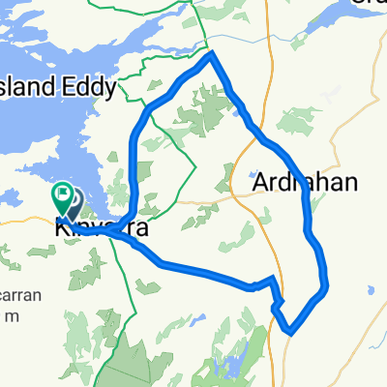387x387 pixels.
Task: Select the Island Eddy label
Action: [x=58, y=88]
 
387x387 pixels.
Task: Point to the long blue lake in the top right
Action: [x=329, y=29]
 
